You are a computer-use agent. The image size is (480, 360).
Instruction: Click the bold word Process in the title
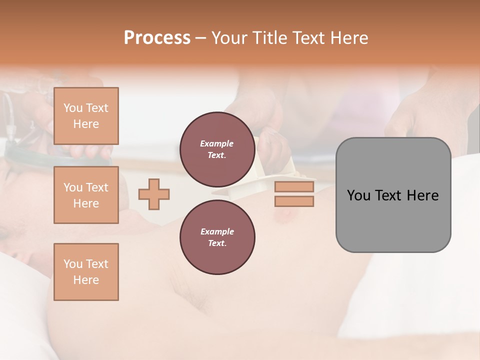click(157, 37)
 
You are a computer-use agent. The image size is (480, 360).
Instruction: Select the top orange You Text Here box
click(86, 116)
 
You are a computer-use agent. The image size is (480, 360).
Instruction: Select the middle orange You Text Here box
click(86, 195)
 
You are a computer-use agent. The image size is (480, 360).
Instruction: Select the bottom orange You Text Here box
click(86, 272)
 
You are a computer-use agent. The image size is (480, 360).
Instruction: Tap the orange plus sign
click(154, 194)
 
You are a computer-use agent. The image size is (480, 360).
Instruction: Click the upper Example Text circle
click(217, 149)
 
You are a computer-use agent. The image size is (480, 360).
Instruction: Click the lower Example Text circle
click(217, 237)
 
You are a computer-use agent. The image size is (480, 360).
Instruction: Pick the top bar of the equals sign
click(294, 186)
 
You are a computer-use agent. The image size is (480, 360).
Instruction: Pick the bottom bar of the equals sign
click(294, 201)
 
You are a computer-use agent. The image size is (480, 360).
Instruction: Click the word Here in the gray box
click(422, 195)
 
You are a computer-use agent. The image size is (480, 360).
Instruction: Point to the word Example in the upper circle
click(217, 143)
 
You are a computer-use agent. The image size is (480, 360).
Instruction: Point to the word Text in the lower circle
click(217, 243)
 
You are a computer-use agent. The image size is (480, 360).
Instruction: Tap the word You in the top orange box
click(73, 108)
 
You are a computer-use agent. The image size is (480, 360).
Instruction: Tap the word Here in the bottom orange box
click(86, 280)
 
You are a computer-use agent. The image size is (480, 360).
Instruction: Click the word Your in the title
click(228, 37)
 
